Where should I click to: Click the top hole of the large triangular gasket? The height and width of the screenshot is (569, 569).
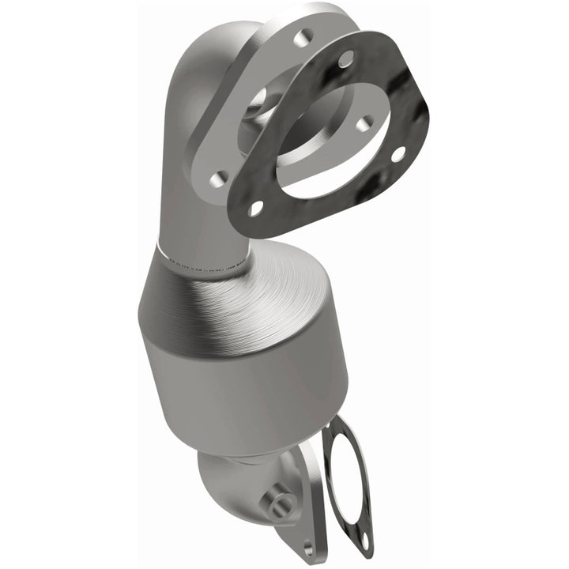point(346,58)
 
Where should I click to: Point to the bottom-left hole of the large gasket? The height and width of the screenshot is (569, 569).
point(255,208)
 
